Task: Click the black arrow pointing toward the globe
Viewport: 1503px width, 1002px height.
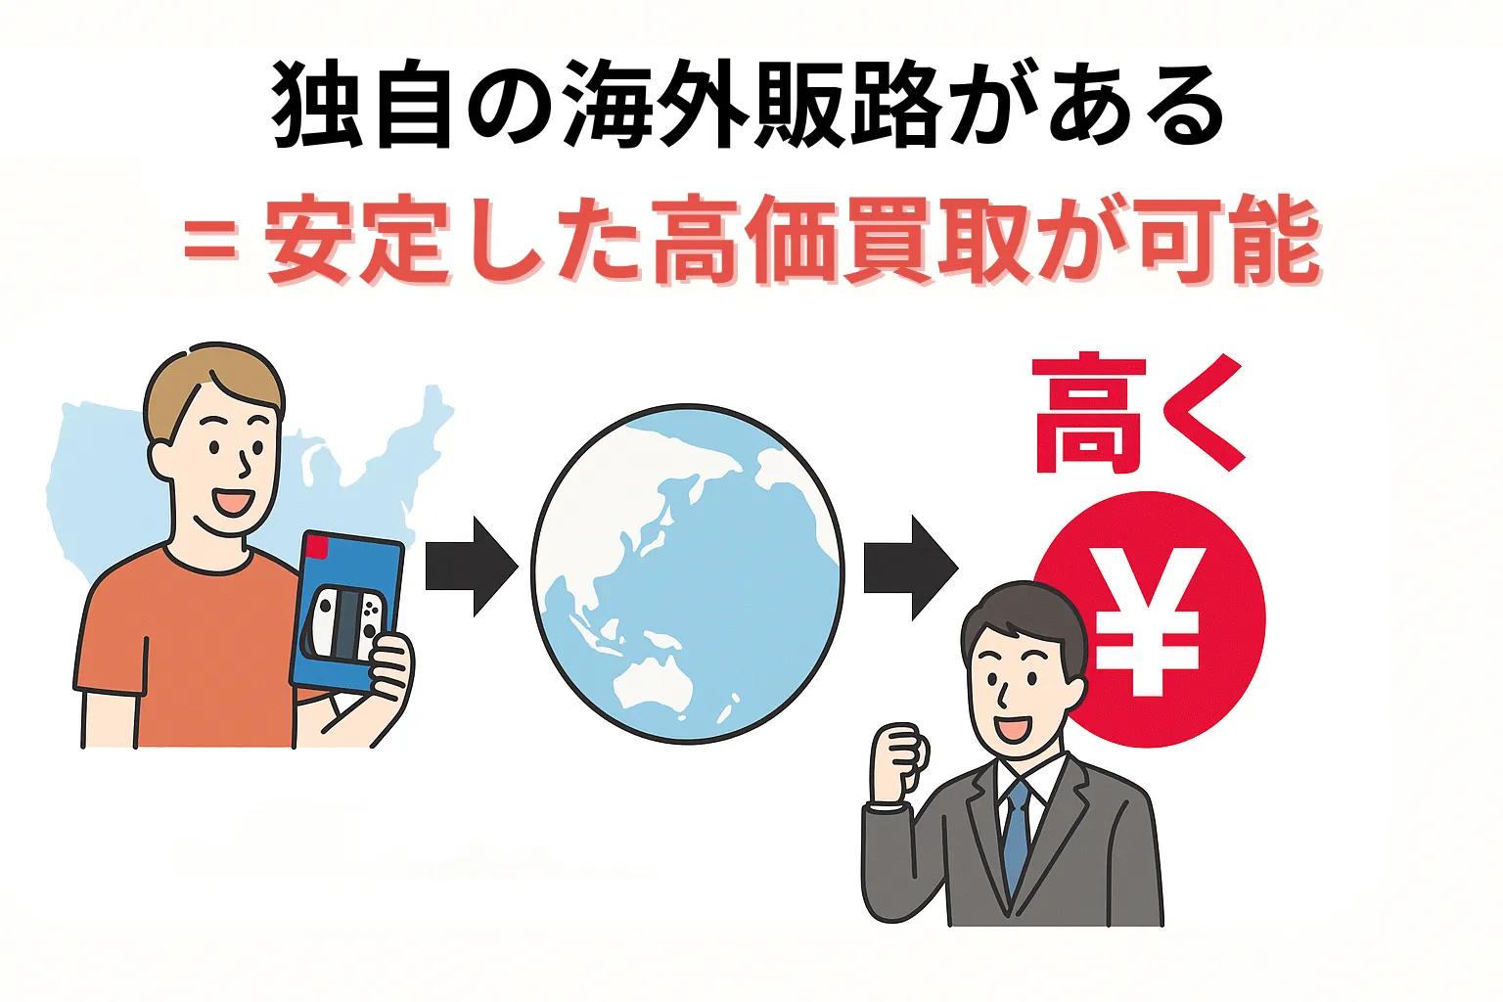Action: [472, 567]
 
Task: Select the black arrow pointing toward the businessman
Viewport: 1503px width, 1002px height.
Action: [911, 568]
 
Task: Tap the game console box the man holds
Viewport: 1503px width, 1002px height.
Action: [346, 612]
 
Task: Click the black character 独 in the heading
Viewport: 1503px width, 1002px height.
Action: [315, 107]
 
